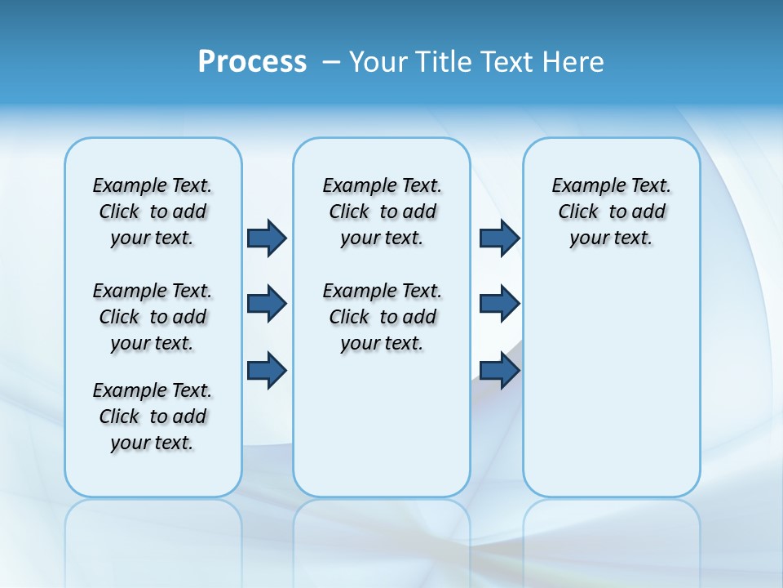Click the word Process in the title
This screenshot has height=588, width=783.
click(x=252, y=61)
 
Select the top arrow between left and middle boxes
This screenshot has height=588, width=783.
click(x=267, y=238)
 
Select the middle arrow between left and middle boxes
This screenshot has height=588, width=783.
click(x=267, y=304)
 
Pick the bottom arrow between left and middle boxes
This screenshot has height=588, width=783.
click(x=267, y=370)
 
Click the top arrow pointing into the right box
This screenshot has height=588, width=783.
click(x=499, y=238)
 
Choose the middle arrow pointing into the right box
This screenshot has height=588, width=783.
click(x=499, y=304)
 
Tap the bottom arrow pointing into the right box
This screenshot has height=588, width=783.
click(x=499, y=370)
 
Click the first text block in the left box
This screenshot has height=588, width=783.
click(x=153, y=212)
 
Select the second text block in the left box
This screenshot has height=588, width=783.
click(x=153, y=317)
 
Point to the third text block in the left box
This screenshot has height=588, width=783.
click(x=153, y=416)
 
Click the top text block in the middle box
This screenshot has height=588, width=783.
click(x=383, y=212)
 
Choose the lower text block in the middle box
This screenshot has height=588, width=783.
click(x=383, y=317)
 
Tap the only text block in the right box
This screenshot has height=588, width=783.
click(x=612, y=212)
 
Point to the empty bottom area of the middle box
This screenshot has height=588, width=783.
click(x=383, y=433)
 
